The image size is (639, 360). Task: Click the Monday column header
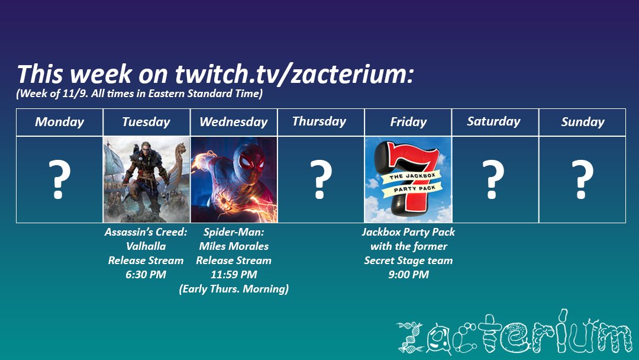(x=59, y=122)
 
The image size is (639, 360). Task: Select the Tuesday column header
(x=146, y=122)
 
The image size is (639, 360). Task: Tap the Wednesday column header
(x=233, y=122)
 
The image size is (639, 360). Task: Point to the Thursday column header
(x=319, y=121)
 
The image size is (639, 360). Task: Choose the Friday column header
(x=408, y=122)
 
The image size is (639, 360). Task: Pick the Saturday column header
(x=493, y=121)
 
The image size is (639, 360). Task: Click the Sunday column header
(x=582, y=122)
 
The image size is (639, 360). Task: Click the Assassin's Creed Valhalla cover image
(x=146, y=179)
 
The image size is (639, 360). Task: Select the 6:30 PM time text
(x=146, y=275)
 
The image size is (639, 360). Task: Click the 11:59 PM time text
(x=234, y=275)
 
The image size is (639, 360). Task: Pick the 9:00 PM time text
(x=408, y=275)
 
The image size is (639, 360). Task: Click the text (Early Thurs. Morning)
(x=234, y=289)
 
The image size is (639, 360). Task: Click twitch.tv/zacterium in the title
(x=293, y=75)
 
